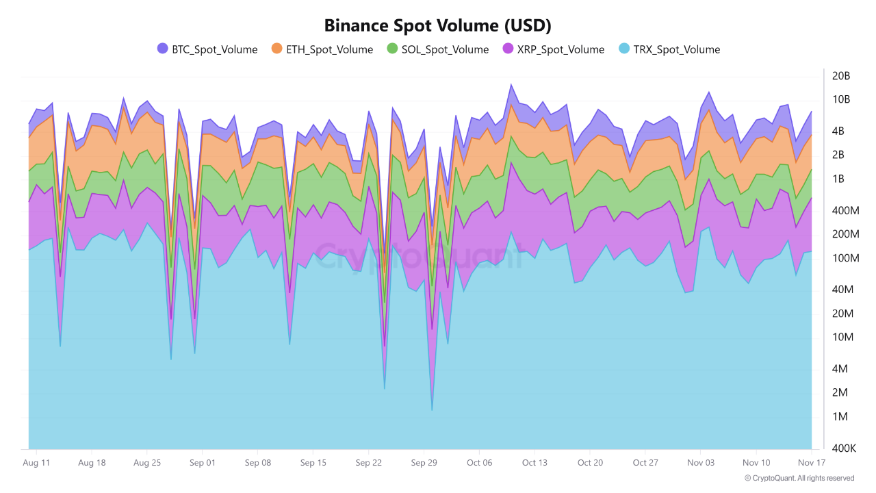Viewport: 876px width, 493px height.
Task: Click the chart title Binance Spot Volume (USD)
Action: pos(437,26)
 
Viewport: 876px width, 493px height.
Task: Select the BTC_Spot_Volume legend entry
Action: pos(207,49)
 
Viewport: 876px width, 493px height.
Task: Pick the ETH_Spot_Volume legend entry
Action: pos(322,49)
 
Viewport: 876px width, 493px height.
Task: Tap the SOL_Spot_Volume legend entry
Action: pos(437,49)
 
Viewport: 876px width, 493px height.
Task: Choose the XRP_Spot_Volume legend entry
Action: pos(553,49)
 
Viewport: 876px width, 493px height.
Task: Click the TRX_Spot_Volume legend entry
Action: pos(669,49)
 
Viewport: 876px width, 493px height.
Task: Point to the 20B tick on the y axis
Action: pos(841,75)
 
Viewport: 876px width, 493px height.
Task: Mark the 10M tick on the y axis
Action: pos(841,337)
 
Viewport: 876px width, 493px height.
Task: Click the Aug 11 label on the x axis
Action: pos(36,463)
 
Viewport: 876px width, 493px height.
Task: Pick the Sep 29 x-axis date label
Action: pos(424,463)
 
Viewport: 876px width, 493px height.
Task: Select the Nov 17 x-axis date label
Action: pos(811,463)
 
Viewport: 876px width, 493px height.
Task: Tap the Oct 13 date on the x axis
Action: pos(534,463)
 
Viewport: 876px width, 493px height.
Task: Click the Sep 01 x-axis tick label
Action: pos(202,463)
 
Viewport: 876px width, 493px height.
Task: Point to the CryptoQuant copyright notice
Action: pos(799,478)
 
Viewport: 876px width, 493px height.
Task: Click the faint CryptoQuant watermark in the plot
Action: pos(417,256)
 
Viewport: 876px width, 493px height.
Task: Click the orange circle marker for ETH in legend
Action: pos(276,49)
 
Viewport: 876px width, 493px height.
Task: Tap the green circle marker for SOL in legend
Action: pos(392,49)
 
